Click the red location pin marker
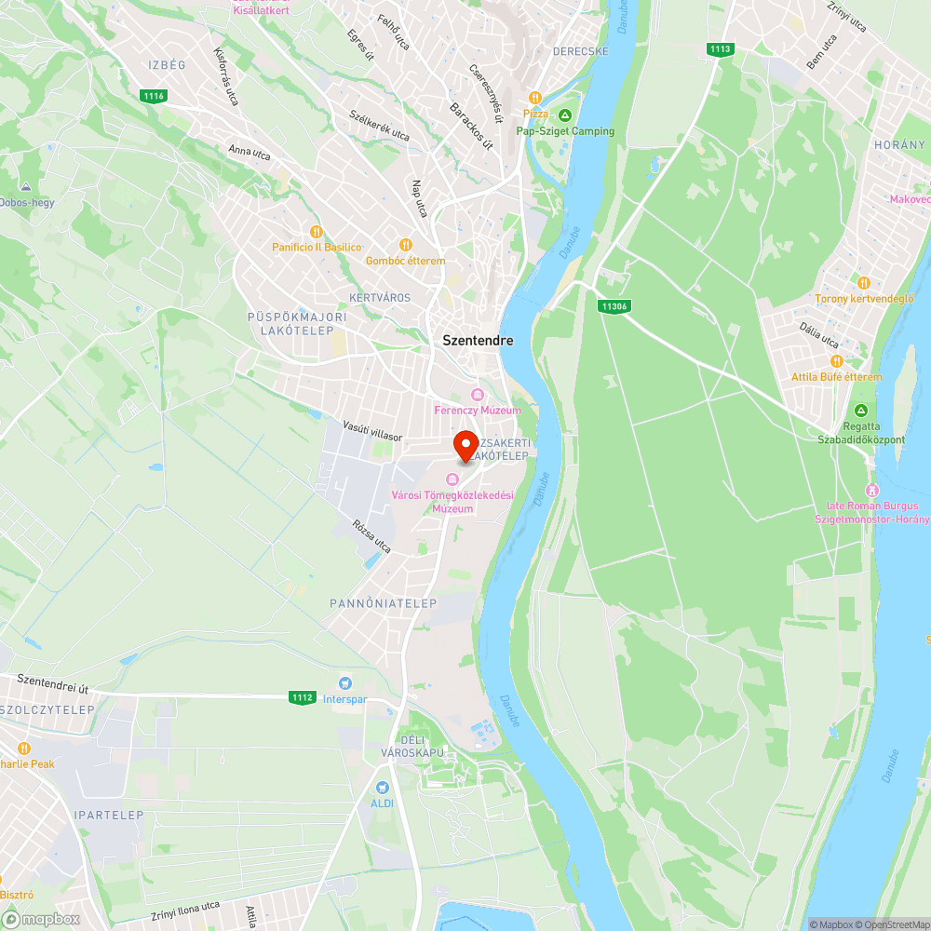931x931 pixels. (465, 445)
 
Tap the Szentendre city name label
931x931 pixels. (478, 341)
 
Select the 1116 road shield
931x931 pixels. (154, 96)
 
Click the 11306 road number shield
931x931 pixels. (614, 305)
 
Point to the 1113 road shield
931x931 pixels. (719, 49)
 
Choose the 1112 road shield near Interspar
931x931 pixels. (302, 696)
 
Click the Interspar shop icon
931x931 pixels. (344, 684)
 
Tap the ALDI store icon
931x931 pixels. (382, 788)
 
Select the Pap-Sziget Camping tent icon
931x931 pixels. (565, 116)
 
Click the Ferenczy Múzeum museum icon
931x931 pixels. (478, 395)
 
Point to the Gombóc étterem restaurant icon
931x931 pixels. (405, 245)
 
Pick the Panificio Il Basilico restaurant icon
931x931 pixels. (316, 232)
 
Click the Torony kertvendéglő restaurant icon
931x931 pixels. (863, 283)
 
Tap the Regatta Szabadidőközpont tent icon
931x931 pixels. (861, 411)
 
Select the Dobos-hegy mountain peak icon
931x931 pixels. (24, 186)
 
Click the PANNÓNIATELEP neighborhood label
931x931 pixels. (383, 603)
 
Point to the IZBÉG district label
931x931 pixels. (167, 64)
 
